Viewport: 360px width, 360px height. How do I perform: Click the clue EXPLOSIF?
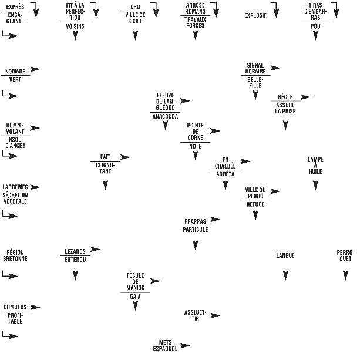[x=255, y=15]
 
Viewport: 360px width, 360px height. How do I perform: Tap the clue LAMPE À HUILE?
[x=315, y=166]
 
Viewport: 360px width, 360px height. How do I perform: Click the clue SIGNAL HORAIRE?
[x=255, y=68]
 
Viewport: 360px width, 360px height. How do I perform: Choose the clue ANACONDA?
[x=165, y=116]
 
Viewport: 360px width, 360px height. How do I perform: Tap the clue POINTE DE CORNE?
[x=195, y=132]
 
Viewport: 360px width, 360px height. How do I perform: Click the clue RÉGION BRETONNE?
[x=15, y=255]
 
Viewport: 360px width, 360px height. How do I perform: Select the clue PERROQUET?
[x=345, y=255]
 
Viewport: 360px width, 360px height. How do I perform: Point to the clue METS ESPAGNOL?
[x=165, y=345]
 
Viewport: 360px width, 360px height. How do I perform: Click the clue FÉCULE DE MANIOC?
[x=135, y=281]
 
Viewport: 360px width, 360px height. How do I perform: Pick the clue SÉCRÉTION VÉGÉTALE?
[x=15, y=198]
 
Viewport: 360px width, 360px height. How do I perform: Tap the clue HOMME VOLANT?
[x=15, y=128]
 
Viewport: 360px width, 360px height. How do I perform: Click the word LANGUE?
[x=285, y=255]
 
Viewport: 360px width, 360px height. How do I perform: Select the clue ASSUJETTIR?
[x=195, y=315]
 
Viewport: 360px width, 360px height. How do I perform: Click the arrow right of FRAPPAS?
[x=215, y=220]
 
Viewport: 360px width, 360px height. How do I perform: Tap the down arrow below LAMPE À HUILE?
[x=315, y=186]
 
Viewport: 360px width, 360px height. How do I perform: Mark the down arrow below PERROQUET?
[x=345, y=275]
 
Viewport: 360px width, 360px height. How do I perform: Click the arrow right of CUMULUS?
[x=35, y=307]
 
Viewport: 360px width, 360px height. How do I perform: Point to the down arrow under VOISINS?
[x=75, y=36]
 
